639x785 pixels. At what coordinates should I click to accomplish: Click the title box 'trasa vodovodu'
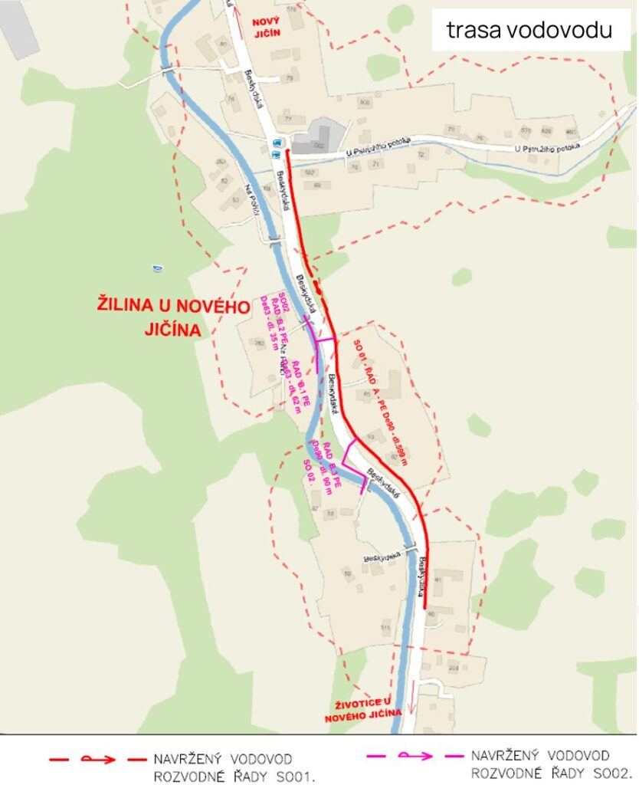530,30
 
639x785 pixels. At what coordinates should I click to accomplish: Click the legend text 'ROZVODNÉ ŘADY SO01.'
234,776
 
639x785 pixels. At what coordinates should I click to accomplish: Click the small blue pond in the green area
157,268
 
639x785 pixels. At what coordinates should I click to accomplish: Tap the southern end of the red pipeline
424,606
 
